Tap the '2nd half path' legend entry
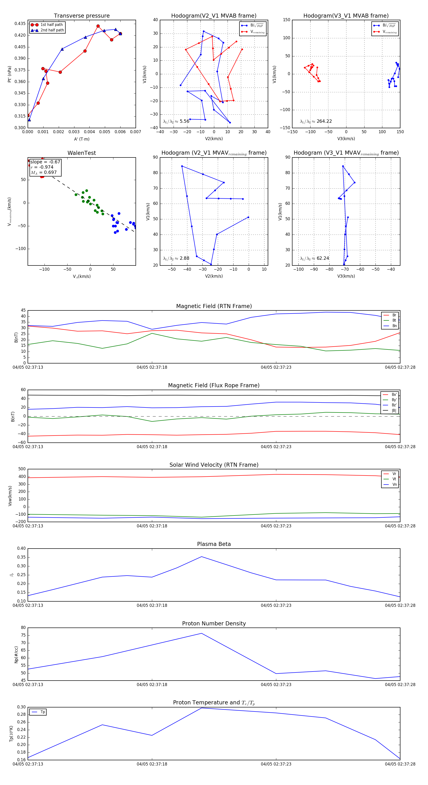[x=52, y=30]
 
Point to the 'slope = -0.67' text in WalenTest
[x=45, y=162]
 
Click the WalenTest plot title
[x=82, y=153]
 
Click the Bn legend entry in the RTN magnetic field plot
[x=394, y=326]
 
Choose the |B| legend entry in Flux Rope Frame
[x=394, y=411]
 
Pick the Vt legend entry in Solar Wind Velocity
[x=394, y=479]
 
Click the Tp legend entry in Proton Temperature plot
[x=43, y=712]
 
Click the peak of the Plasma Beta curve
[x=201, y=557]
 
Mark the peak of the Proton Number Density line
[x=201, y=633]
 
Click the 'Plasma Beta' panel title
[x=214, y=544]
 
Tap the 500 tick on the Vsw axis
[x=22, y=469]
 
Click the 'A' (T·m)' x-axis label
[x=82, y=139]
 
